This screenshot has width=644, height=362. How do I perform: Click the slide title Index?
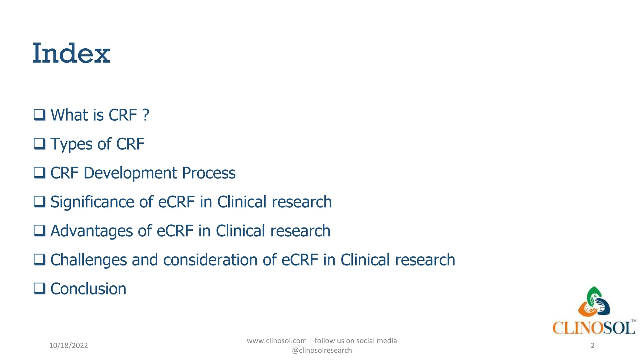pos(71,53)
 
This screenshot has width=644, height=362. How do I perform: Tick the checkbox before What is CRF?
pos(40,115)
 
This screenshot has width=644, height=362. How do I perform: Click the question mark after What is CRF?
pos(145,115)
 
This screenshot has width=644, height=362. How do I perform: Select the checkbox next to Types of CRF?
pos(40,144)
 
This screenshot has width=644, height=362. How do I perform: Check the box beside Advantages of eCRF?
pos(40,231)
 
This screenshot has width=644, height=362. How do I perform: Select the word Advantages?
pos(92,231)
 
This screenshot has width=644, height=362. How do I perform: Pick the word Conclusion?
pos(88,289)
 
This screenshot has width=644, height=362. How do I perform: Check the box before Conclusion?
pos(40,288)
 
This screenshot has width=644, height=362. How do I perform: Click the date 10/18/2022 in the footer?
pos(69,346)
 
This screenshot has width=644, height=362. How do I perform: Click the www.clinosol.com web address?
pos(276,341)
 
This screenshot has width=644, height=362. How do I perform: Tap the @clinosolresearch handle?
pos(322,350)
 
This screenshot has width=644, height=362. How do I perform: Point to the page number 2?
pos(593,346)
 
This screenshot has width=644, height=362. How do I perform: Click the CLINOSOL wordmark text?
pos(594,328)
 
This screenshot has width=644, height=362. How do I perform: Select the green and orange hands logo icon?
pos(594,302)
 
